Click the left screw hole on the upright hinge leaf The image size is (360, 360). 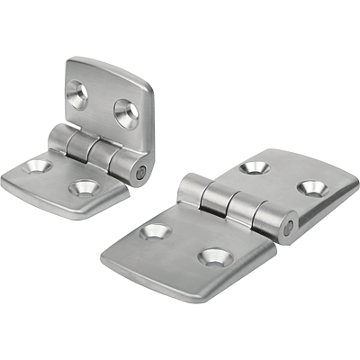click(77, 94)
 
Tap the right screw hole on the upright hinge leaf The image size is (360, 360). click(126, 111)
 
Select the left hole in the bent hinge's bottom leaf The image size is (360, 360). click(38, 166)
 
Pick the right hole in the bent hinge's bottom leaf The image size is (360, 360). click(85, 188)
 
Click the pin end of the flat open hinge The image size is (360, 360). click(288, 229)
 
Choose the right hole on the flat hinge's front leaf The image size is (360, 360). click(211, 257)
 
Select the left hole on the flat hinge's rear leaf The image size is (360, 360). click(255, 167)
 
